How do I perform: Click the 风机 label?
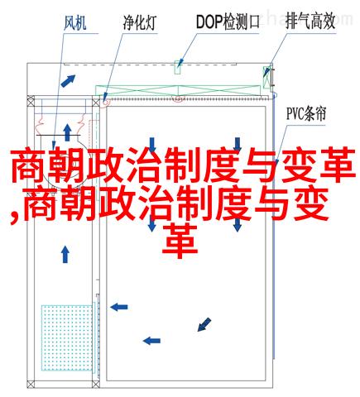[75, 22]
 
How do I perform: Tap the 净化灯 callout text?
[140, 22]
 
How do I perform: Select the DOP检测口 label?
[228, 22]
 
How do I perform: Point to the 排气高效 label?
[310, 22]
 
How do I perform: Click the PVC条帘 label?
[306, 113]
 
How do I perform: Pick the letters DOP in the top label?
[209, 22]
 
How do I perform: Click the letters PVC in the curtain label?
[295, 113]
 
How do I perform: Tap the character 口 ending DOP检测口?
[252, 22]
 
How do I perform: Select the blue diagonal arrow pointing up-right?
[68, 81]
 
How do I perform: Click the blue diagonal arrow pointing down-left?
[204, 324]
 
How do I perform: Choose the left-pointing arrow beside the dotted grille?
[119, 307]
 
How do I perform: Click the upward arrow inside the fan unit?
[67, 132]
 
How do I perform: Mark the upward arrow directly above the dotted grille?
[65, 254]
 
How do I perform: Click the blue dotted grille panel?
[67, 337]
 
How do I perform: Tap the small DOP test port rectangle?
[178, 67]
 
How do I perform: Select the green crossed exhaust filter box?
[266, 77]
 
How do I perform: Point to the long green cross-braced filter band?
[178, 91]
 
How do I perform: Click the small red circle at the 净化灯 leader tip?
[105, 102]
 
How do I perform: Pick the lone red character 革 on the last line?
[180, 241]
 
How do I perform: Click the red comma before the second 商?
[14, 218]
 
